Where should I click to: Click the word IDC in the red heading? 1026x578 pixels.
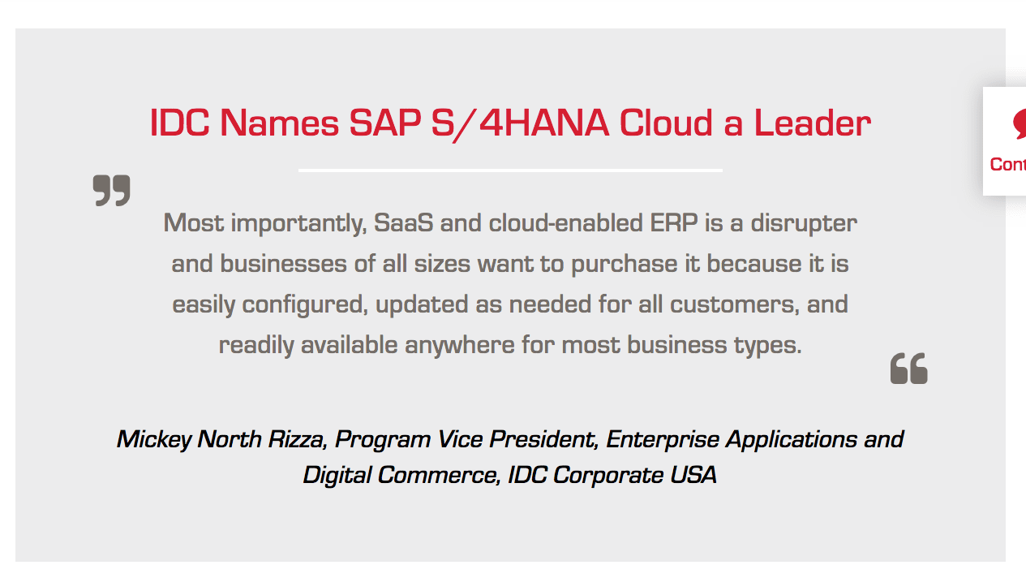coord(179,123)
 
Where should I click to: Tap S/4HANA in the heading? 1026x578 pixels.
coord(520,123)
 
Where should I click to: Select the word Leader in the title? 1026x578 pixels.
coord(812,123)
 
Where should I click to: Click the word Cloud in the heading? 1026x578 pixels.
coord(666,123)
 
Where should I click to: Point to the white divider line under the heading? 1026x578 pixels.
coord(510,170)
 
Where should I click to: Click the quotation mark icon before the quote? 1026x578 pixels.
coord(111,190)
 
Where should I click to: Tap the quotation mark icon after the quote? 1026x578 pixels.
coord(908,368)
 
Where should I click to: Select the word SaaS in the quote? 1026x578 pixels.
coord(403,223)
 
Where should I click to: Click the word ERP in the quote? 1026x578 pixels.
coord(674,223)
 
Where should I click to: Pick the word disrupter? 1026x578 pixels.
coord(804,224)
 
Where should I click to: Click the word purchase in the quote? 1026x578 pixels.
coord(624,265)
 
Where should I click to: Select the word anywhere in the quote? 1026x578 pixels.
coord(459,346)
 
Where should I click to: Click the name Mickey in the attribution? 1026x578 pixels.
coord(154,439)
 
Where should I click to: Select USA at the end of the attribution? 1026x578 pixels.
coord(693,474)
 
